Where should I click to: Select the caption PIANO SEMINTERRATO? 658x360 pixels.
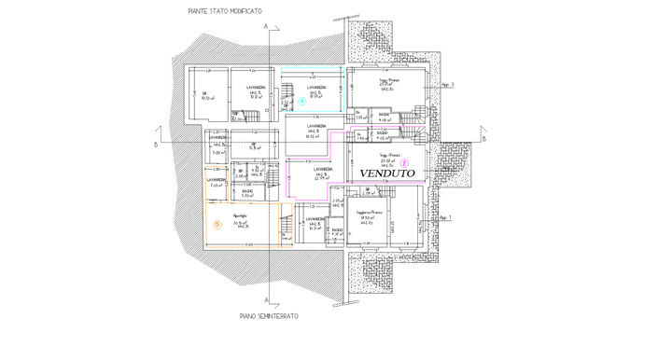[x=268, y=316]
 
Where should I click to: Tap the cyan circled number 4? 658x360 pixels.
[x=301, y=102]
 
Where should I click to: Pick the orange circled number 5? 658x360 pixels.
[x=217, y=224]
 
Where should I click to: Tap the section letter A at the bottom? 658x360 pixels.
[x=267, y=300]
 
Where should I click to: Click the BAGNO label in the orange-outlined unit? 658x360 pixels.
[x=247, y=193]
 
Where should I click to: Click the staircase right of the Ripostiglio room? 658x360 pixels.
[x=287, y=227]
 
